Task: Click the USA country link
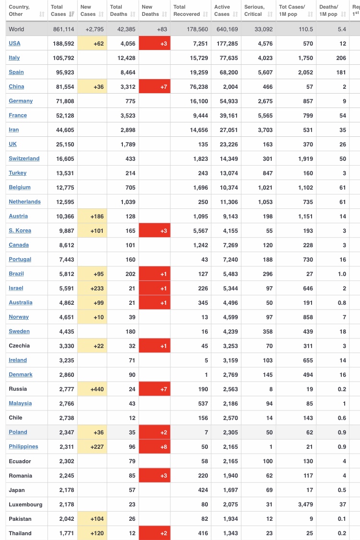coord(14,43)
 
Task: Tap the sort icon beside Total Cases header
coord(72,14)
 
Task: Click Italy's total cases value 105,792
coord(63,58)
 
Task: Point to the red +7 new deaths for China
coord(155,87)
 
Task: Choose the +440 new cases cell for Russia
coord(92,389)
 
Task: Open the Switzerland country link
coord(24,158)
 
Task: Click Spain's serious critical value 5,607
coord(265,72)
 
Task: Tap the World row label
coord(16,29)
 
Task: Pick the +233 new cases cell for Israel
coord(92,288)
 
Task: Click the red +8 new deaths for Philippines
coord(155,447)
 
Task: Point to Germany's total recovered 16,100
coord(199,101)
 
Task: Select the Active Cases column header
coord(222,11)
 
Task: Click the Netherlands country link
coord(25,202)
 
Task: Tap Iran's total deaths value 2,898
coord(128,130)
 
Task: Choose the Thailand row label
coord(20,533)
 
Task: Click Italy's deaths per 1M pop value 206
coord(341,58)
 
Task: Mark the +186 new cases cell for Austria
coord(92,216)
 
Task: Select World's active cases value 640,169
coord(227,29)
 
